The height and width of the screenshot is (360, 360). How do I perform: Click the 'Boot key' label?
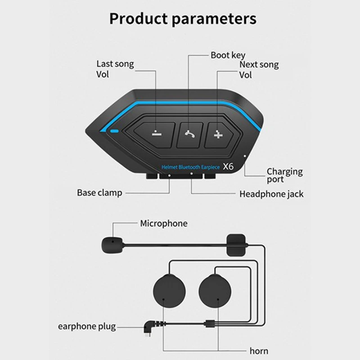tap(228, 55)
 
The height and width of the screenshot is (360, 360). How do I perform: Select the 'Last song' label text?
tap(115, 64)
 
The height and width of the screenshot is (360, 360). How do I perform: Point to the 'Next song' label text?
tap(259, 64)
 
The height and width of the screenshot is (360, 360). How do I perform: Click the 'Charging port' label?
tap(284, 175)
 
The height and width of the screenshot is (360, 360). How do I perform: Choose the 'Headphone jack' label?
tap(271, 194)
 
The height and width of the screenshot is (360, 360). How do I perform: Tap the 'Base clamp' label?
tap(99, 193)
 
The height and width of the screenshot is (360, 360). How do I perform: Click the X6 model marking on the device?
tap(230, 166)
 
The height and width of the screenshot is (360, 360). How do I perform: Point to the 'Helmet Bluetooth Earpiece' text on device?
tap(190, 167)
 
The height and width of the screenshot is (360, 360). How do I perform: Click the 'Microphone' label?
tap(164, 223)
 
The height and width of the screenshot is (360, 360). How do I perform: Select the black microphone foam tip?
tap(109, 245)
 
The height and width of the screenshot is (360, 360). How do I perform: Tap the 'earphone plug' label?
tap(87, 326)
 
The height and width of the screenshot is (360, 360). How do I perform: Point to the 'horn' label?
tap(259, 351)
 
